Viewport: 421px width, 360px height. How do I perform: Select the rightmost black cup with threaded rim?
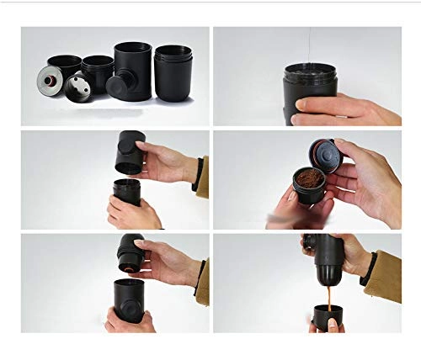click(173, 74)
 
